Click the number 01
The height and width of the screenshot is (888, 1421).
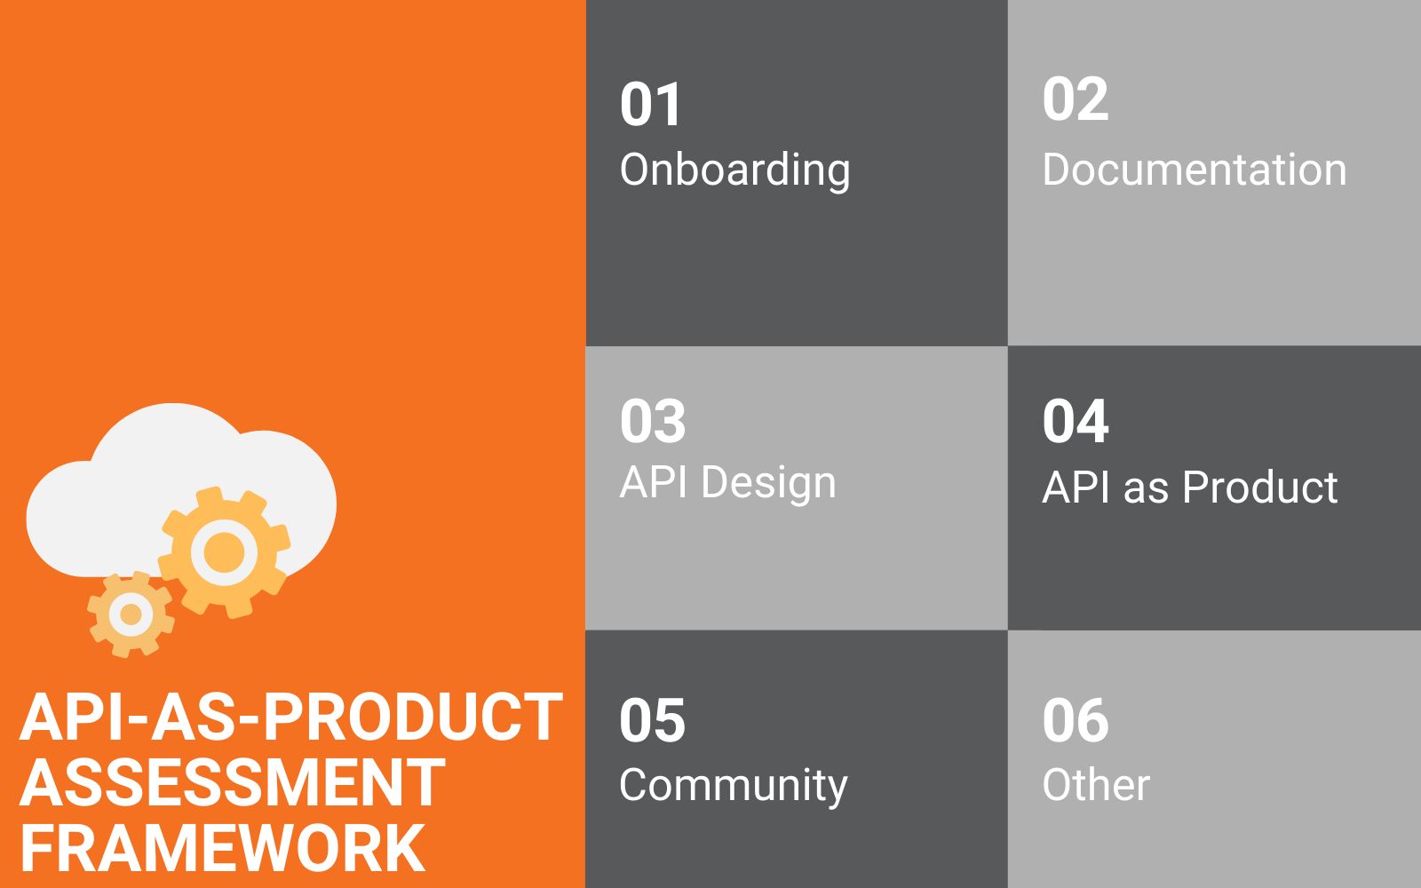pyautogui.click(x=651, y=105)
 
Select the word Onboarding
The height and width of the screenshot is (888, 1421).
pyautogui.click(x=734, y=170)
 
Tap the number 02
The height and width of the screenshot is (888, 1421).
pyautogui.click(x=1075, y=99)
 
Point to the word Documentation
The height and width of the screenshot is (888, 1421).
pyautogui.click(x=1194, y=170)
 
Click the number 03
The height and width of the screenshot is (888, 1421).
pyautogui.click(x=653, y=421)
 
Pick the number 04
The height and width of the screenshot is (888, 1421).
pyautogui.click(x=1075, y=421)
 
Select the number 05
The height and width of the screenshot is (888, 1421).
pyautogui.click(x=652, y=720)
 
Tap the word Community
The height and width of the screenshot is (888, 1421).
pyautogui.click(x=733, y=786)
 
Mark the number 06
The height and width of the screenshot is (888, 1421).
pyautogui.click(x=1075, y=720)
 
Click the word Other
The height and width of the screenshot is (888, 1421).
pyautogui.click(x=1096, y=786)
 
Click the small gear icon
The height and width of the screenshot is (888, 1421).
pyautogui.click(x=131, y=614)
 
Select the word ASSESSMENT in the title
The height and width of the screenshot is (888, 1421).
pyautogui.click(x=232, y=783)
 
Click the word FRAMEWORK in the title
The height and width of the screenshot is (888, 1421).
pyautogui.click(x=222, y=848)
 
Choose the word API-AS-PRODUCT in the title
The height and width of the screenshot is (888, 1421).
pyautogui.click(x=291, y=718)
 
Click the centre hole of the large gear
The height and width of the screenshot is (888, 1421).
pyautogui.click(x=224, y=552)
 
